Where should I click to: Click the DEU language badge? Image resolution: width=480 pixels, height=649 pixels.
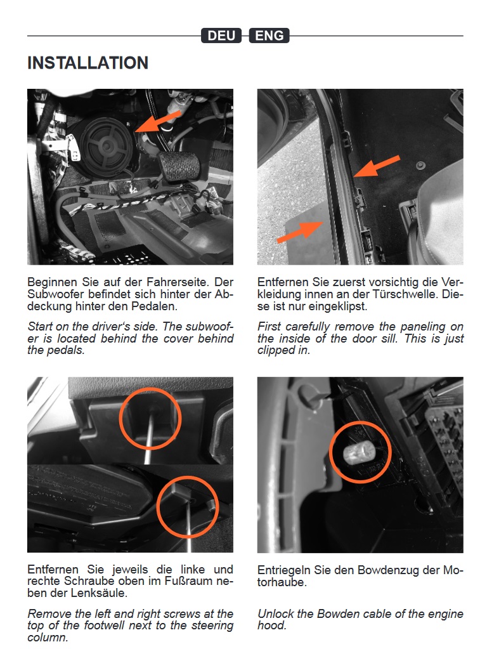[221, 36]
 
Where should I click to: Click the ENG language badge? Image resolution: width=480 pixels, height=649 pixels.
[269, 36]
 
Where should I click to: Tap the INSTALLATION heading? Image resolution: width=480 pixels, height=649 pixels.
[88, 63]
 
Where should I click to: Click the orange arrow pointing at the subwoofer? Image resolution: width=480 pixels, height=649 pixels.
[158, 121]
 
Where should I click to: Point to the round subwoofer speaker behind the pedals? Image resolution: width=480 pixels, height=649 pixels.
[107, 146]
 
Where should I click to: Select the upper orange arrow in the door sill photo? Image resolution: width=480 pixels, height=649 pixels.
[377, 166]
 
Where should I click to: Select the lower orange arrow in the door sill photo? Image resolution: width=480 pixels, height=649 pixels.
[299, 232]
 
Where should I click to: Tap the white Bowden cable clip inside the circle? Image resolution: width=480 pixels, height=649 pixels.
[358, 452]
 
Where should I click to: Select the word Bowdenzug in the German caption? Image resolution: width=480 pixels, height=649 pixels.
[388, 570]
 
